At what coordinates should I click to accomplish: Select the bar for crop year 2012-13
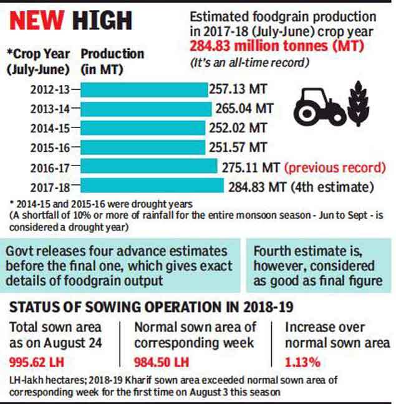click(x=144, y=89)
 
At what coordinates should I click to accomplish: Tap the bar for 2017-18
click(x=152, y=185)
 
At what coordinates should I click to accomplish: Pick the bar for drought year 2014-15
click(x=143, y=128)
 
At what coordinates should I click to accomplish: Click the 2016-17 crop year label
click(x=52, y=167)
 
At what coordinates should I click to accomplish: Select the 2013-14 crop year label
click(x=52, y=109)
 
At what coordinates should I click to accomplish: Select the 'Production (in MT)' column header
click(x=112, y=62)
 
